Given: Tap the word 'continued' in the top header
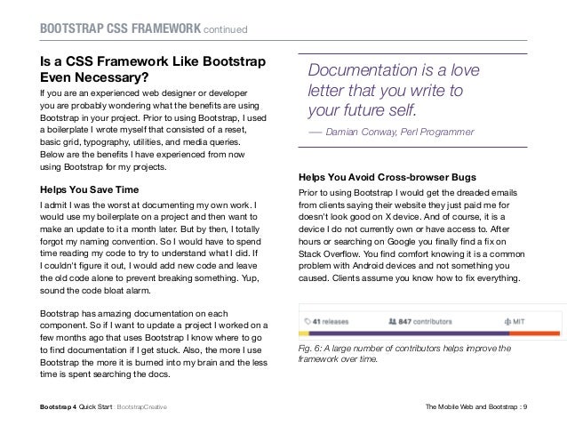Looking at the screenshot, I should tap(226, 33).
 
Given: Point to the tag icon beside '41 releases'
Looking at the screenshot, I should tap(307, 318).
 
